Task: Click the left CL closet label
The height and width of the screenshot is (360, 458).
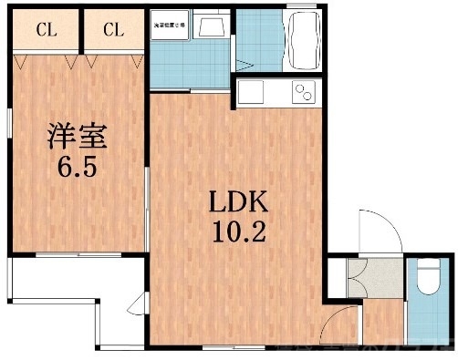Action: (47, 30)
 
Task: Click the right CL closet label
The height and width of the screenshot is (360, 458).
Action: (112, 30)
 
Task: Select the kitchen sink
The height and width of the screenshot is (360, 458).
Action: (251, 93)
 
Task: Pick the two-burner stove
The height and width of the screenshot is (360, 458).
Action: (301, 93)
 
